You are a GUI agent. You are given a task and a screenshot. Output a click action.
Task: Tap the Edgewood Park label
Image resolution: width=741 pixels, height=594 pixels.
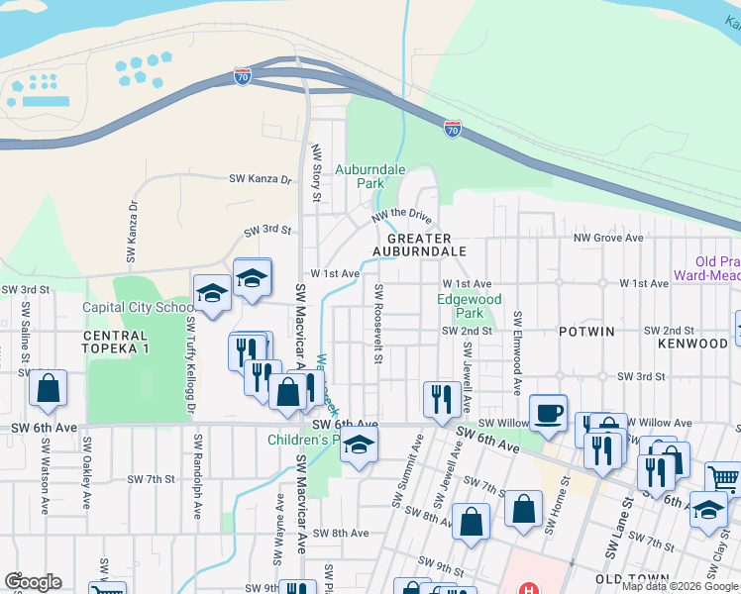coord(470,306)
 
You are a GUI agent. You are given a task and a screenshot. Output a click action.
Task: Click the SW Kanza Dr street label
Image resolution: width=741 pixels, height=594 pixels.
coord(261,179)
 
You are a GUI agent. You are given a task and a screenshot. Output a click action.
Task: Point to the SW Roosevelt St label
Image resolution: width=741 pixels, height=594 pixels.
coord(378,323)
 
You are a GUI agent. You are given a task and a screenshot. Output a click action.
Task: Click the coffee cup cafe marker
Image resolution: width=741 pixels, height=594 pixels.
coord(548,413)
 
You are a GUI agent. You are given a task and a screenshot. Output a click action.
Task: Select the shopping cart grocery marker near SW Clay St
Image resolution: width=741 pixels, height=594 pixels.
coord(724,480)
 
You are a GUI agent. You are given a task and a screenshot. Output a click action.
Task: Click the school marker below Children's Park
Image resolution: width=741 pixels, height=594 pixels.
coord(359,446)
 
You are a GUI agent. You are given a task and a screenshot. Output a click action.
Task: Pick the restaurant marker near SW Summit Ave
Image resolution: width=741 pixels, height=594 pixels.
coord(441,399)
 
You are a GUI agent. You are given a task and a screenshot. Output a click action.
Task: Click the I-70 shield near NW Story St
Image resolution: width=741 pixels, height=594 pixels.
coord(243,75)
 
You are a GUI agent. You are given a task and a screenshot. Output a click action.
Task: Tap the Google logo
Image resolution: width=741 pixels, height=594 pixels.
coord(34,582)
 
